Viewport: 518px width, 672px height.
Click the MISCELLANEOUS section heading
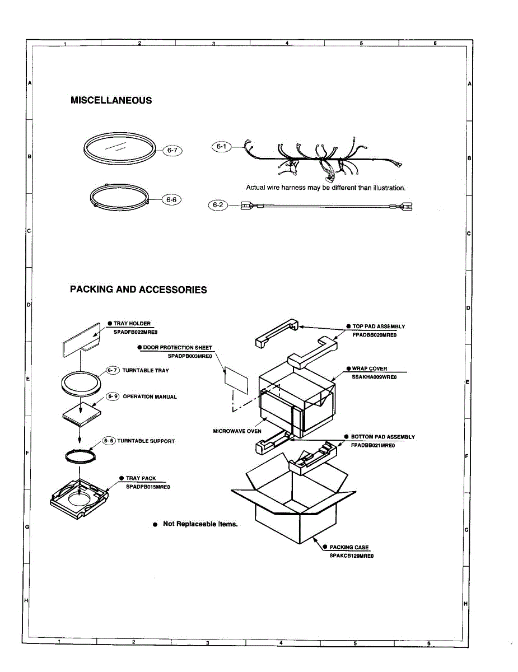(x=111, y=100)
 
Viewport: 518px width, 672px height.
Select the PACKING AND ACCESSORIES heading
(x=138, y=290)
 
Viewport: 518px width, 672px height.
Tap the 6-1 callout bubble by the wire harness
(x=221, y=147)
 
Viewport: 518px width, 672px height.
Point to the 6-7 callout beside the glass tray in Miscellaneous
(x=171, y=150)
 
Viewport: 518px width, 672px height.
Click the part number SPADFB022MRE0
(x=132, y=332)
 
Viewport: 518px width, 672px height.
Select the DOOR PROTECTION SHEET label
(x=178, y=348)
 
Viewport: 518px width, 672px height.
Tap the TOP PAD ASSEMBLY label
(x=379, y=326)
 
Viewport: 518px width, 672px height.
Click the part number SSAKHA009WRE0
(x=374, y=377)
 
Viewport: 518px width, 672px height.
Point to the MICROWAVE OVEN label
(x=237, y=431)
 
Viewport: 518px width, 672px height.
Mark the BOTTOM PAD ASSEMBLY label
(x=383, y=437)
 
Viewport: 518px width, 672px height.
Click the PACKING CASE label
(x=349, y=547)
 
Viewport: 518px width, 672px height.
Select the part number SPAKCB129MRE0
(x=351, y=556)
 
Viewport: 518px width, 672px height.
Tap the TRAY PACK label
(x=141, y=478)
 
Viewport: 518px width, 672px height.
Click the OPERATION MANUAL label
(x=150, y=396)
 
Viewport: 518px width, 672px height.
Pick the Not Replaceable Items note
(x=200, y=524)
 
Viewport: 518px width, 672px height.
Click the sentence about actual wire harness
(x=325, y=188)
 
